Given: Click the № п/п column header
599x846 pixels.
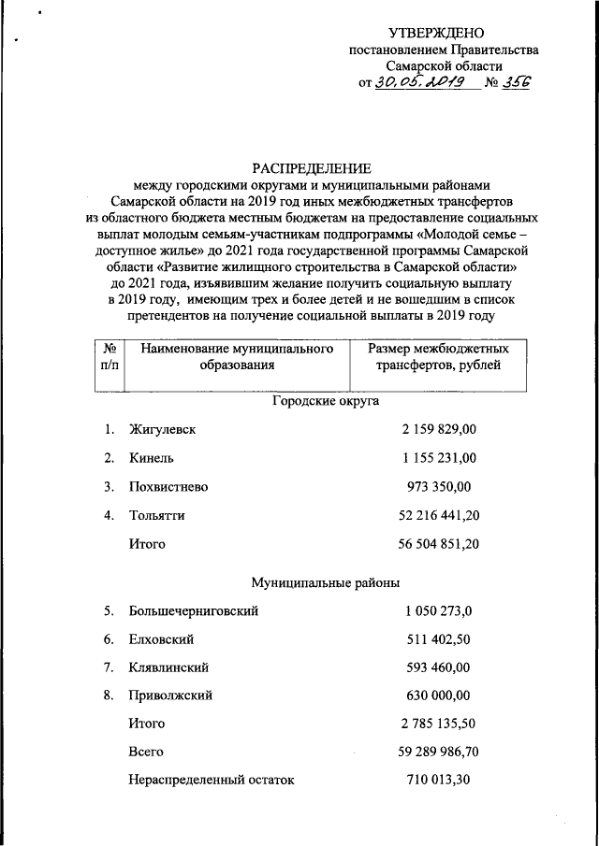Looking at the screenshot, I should pyautogui.click(x=110, y=357).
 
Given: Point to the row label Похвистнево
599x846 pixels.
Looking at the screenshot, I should pyautogui.click(x=168, y=487).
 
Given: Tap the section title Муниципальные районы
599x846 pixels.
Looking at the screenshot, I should pyautogui.click(x=325, y=583).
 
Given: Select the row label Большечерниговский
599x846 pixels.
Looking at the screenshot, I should pyautogui.click(x=194, y=611).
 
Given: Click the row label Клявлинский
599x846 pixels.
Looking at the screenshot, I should pyautogui.click(x=168, y=668).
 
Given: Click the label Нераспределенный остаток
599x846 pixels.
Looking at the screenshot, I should pyautogui.click(x=211, y=780).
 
